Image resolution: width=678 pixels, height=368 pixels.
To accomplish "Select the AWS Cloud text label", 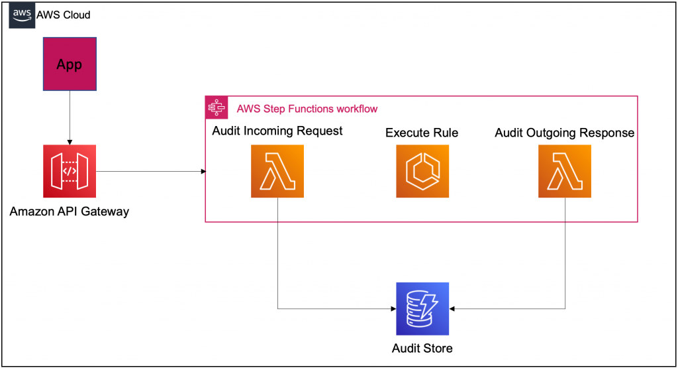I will coord(64,15).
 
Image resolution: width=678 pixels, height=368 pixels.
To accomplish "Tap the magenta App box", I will coord(70,64).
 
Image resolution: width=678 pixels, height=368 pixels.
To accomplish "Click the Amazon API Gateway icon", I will coord(70,172).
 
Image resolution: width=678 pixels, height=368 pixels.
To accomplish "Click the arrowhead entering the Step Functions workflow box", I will coord(203,172).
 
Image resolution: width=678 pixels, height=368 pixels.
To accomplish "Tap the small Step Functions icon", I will coord(216,107).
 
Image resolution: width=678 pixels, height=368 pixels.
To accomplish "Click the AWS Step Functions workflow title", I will coord(307,108).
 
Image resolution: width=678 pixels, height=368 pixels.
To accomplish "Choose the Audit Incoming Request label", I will coord(277,131).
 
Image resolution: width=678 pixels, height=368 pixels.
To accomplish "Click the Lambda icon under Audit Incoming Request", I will coord(277,172).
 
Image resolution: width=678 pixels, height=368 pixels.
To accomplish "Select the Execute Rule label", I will coord(422,133).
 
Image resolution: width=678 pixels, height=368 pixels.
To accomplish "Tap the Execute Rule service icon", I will coord(422,172).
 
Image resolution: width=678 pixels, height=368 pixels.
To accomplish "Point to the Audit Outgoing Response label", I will coord(565,133).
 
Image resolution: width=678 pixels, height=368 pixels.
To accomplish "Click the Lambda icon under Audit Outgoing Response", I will coord(565,172).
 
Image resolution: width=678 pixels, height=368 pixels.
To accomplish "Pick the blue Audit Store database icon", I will coord(422,308).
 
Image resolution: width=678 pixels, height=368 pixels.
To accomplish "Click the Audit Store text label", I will coord(422,348).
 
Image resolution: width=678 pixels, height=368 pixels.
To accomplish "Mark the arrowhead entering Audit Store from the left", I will coord(392,308).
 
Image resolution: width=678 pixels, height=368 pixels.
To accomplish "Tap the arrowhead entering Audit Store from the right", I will coord(453,308).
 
